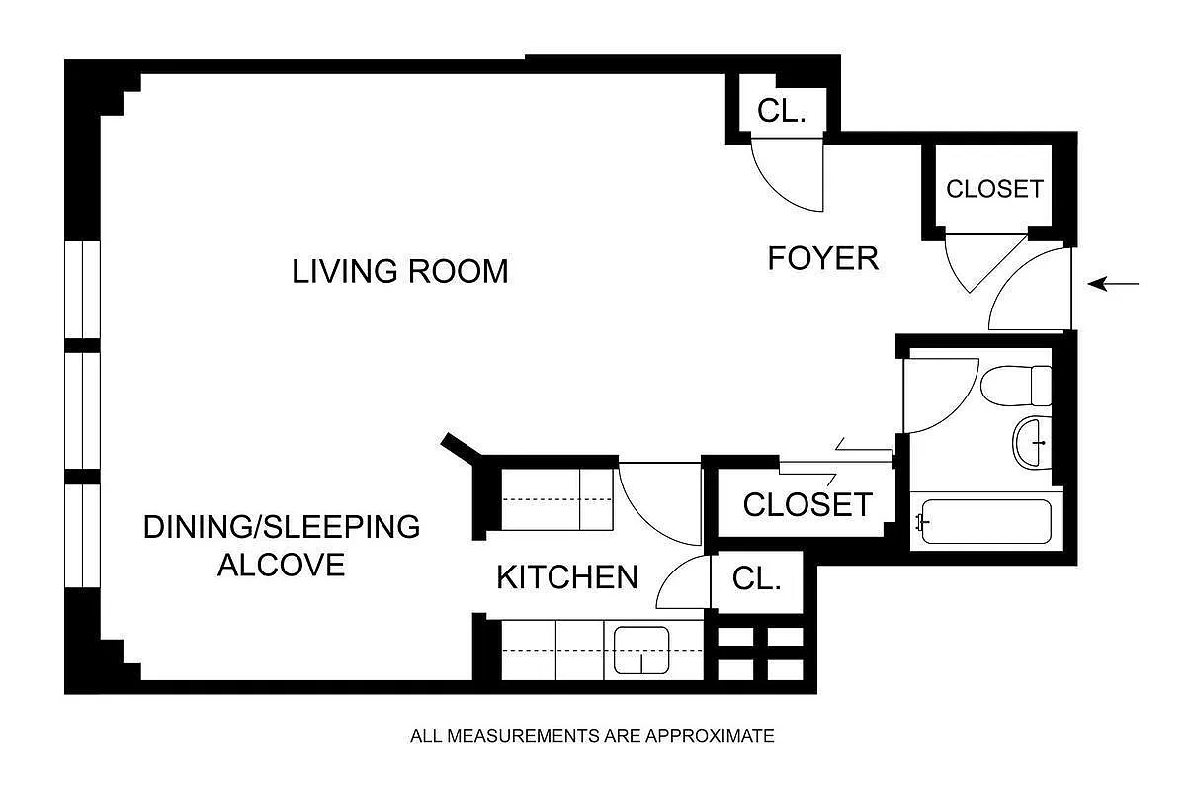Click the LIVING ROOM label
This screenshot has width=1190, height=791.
399,270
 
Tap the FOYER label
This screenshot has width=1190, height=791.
823,258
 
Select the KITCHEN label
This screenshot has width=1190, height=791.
566,577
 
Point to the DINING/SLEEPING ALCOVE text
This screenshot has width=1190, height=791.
282,545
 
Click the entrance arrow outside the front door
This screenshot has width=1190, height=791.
1114,285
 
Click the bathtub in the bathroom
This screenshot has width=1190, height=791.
984,522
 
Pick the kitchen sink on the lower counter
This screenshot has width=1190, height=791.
642,650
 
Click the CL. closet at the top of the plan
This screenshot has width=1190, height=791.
782,110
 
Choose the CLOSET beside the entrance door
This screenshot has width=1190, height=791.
993,188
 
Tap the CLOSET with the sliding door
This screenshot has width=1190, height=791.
807,504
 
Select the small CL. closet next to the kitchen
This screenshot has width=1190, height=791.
757,579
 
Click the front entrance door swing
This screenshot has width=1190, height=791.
1028,292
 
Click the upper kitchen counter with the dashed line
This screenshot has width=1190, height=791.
557,500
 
